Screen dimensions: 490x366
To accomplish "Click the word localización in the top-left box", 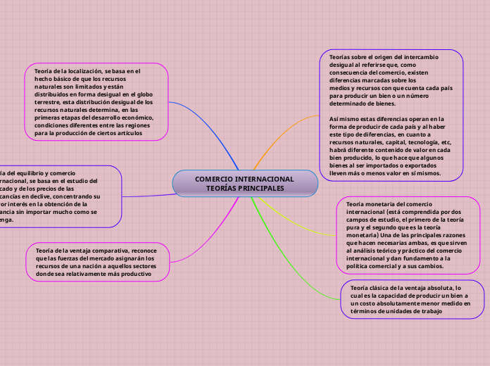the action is pyautogui.click(x=84, y=71).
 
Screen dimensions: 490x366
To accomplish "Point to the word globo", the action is pyautogui.click(x=145, y=94).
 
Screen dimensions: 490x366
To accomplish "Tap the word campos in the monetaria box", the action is pyautogui.click(x=357, y=219).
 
